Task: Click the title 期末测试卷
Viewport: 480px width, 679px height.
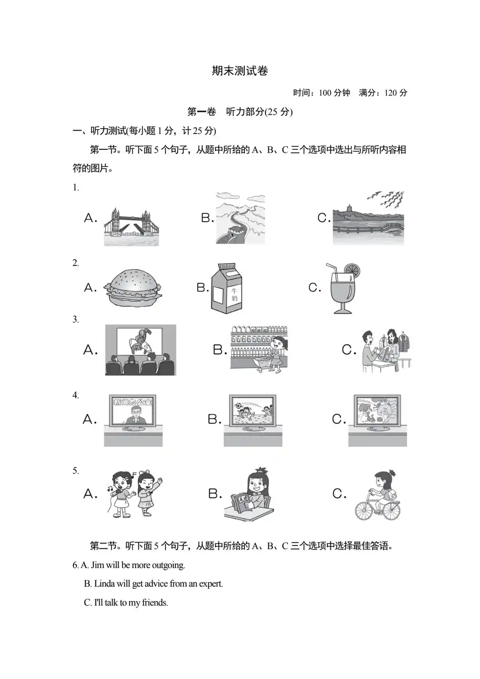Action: (240, 71)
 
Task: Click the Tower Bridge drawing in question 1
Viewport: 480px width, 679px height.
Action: (131, 227)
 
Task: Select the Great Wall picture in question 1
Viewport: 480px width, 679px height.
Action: (240, 218)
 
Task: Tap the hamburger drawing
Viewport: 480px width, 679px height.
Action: (132, 288)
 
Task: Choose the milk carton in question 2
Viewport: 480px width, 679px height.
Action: (227, 288)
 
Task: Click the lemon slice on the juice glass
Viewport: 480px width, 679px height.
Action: (352, 269)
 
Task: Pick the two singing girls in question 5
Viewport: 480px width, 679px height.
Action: (134, 494)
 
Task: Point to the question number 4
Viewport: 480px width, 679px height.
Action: (75, 395)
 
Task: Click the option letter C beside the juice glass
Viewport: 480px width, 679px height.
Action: (314, 287)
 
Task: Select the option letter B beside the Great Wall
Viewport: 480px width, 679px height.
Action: (207, 218)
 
